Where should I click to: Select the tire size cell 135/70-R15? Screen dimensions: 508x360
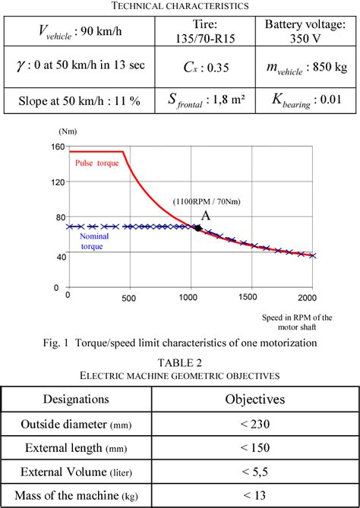click(200, 31)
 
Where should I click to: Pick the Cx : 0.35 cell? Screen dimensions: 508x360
click(200, 66)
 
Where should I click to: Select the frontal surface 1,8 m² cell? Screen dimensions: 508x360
click(200, 100)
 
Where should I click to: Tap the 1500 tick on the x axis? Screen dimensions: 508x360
click(248, 296)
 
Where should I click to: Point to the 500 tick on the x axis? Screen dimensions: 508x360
click(128, 296)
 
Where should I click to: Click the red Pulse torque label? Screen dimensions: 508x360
click(96, 163)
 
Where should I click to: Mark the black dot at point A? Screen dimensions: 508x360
click(199, 227)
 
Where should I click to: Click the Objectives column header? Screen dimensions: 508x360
click(254, 399)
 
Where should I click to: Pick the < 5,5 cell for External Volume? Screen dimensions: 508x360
click(254, 472)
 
